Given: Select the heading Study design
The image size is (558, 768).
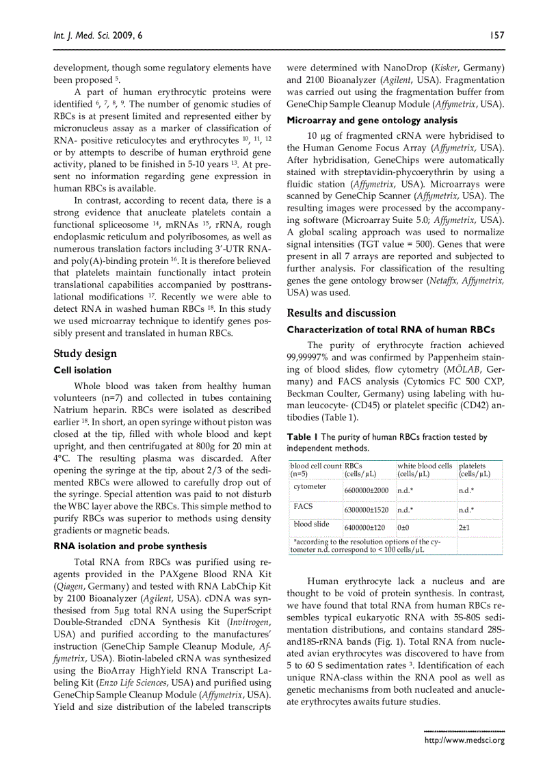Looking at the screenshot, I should (x=85, y=354).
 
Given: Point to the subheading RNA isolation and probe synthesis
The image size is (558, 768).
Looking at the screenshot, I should (x=130, y=546).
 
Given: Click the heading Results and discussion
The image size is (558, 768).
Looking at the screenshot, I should (x=341, y=313).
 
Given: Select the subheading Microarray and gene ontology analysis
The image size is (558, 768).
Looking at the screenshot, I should (x=362, y=120).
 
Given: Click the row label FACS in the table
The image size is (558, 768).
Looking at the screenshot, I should (x=303, y=506).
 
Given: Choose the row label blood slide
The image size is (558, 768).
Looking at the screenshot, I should (x=311, y=524).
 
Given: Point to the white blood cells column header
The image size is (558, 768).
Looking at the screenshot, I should (x=424, y=469).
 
